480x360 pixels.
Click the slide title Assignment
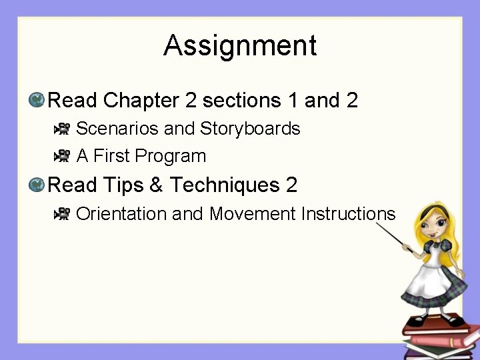coord(240,45)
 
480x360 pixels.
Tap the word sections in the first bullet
coord(241,101)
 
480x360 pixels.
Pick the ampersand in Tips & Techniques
coord(157,184)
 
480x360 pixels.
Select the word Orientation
coord(121,213)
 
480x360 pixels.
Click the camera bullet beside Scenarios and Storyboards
coord(63,128)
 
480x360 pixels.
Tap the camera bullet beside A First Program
coord(63,156)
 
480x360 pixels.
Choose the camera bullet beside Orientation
coord(63,213)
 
